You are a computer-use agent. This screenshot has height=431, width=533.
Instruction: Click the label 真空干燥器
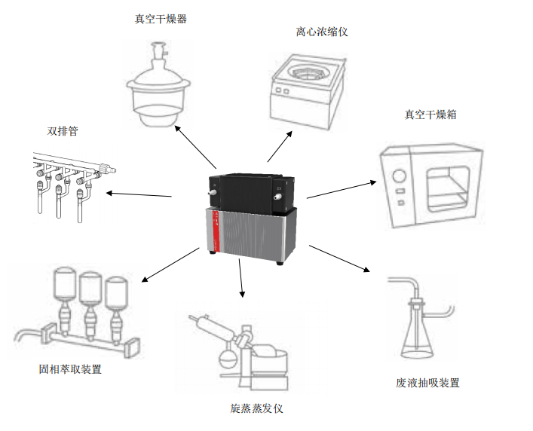pyautogui.click(x=161, y=19)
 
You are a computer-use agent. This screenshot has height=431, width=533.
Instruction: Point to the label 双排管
pyautogui.click(x=63, y=131)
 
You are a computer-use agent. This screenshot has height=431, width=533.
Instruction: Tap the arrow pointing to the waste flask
pyautogui.click(x=338, y=261)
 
